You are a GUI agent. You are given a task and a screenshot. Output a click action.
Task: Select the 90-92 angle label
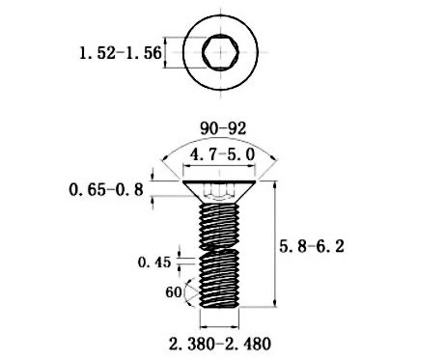223,126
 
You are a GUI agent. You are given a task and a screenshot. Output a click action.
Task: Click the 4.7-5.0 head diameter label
223,154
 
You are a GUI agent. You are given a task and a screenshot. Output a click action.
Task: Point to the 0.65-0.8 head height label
106,189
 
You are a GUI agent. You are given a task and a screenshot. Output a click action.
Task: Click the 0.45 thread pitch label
154,262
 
